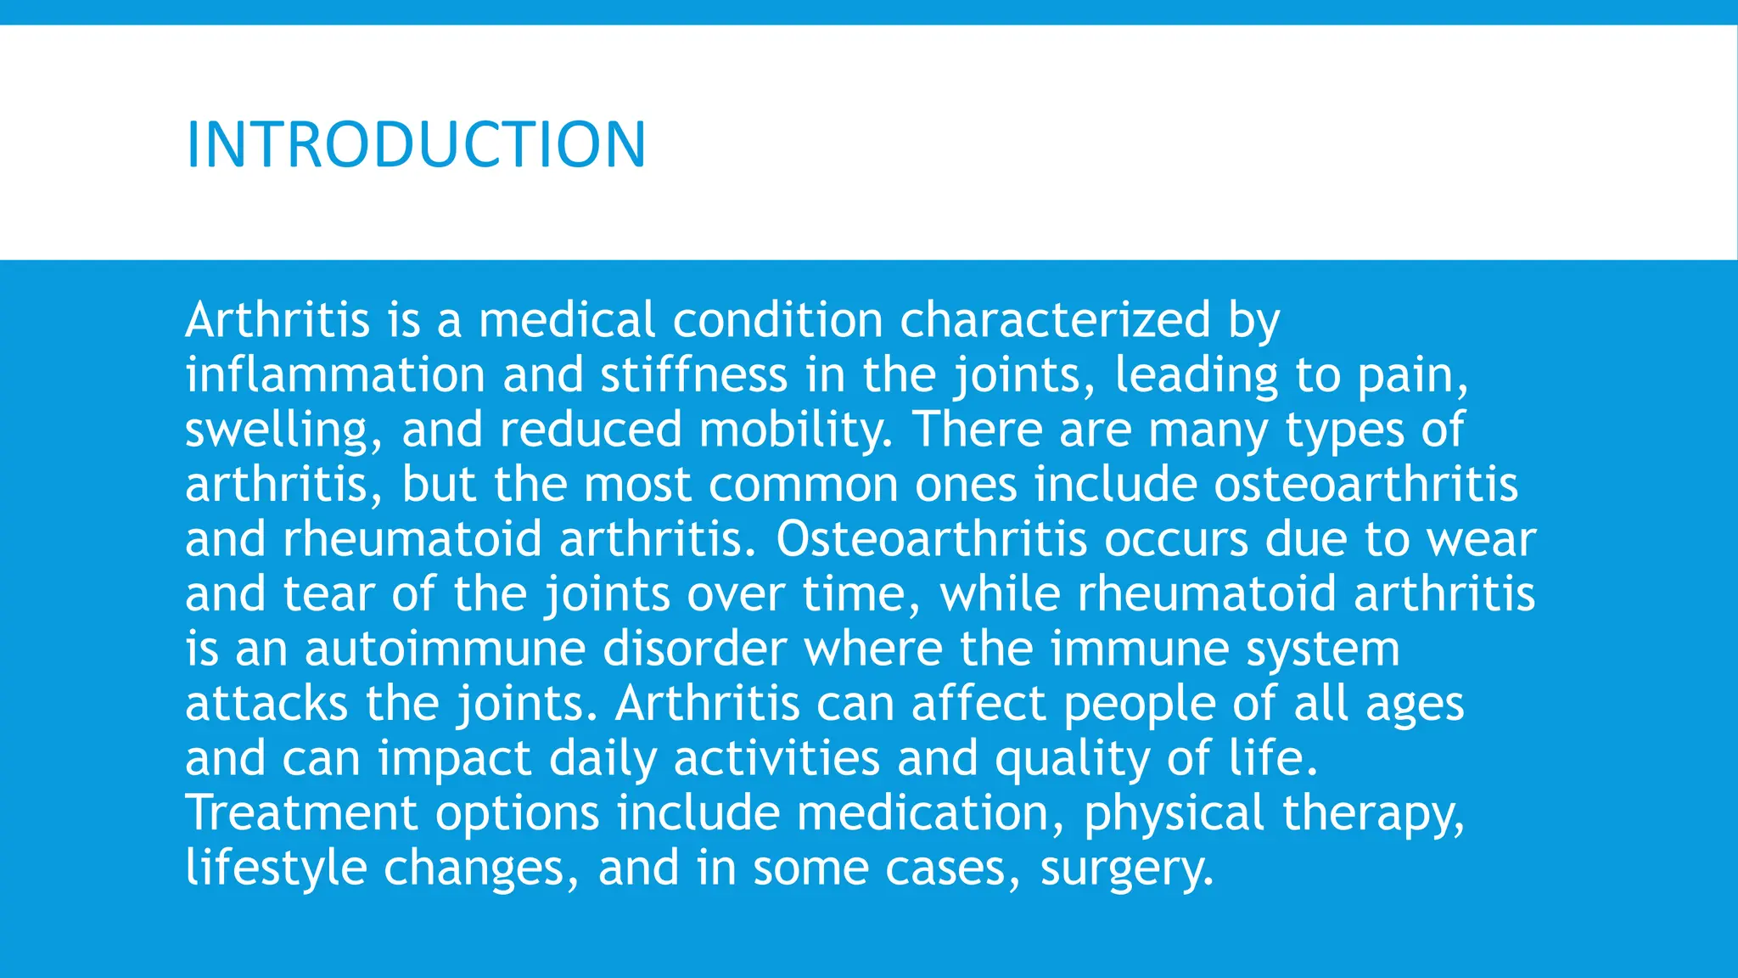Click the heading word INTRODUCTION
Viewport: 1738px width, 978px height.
click(416, 144)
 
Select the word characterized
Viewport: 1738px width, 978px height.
click(1055, 320)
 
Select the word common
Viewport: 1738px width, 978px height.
click(803, 484)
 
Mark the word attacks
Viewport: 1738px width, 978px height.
click(266, 703)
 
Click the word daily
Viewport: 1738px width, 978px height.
click(603, 758)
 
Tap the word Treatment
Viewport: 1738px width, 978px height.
click(301, 812)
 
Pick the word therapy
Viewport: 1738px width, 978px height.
click(1373, 812)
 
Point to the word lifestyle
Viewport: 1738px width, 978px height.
click(275, 868)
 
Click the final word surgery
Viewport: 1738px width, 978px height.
click(1127, 868)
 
